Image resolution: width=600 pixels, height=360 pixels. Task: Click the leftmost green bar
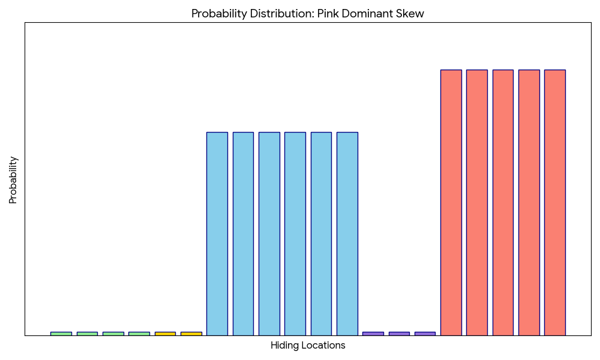pyautogui.click(x=61, y=334)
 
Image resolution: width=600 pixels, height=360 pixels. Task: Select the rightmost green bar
pyautogui.click(x=139, y=334)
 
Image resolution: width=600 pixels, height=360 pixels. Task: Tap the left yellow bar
pyautogui.click(x=165, y=334)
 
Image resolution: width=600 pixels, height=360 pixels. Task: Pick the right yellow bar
pyautogui.click(x=191, y=334)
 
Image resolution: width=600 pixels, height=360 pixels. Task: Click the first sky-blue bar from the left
pyautogui.click(x=217, y=234)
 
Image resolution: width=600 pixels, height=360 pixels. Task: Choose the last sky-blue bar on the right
pyautogui.click(x=347, y=234)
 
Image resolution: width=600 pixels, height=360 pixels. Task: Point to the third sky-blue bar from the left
pyautogui.click(x=269, y=234)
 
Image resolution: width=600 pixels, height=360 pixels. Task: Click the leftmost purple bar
pyautogui.click(x=373, y=334)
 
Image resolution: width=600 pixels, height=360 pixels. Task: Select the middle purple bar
pyautogui.click(x=399, y=334)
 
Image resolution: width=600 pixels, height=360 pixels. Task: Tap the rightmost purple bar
pyautogui.click(x=425, y=334)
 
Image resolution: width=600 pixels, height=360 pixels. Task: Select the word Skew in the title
pyautogui.click(x=411, y=14)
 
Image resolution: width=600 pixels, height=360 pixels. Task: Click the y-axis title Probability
pyautogui.click(x=13, y=180)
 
